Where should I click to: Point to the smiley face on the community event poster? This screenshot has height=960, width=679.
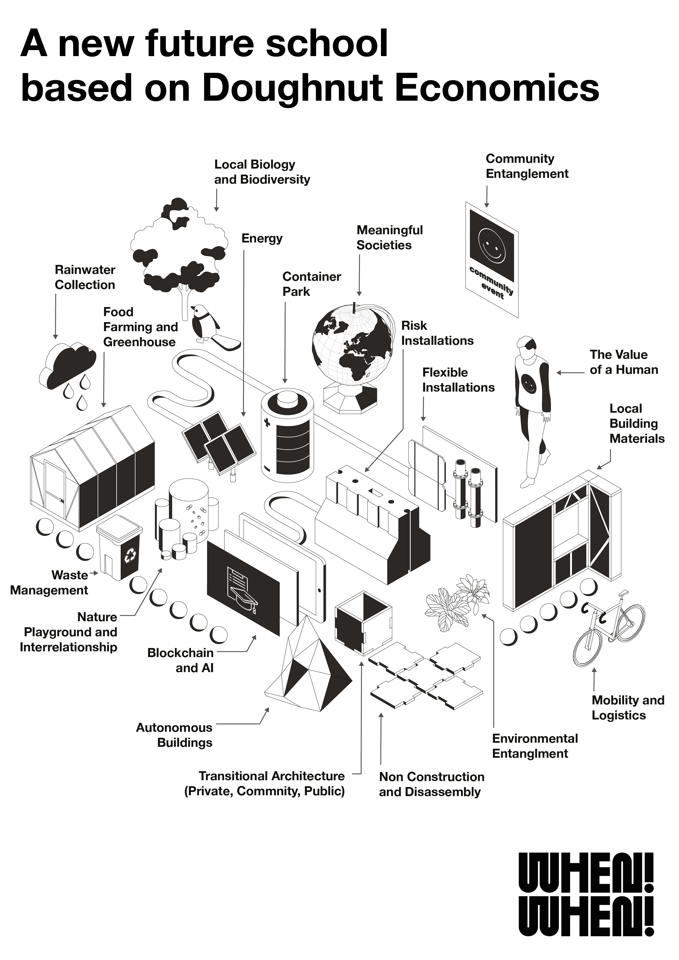tap(491, 244)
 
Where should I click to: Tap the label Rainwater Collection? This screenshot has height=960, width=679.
tap(85, 277)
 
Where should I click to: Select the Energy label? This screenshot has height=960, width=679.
tap(262, 238)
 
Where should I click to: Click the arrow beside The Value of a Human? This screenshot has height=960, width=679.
tap(570, 372)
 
